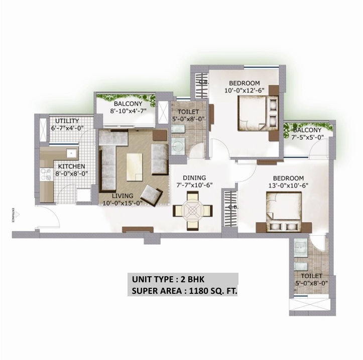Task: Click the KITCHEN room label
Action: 71,166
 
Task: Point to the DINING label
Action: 193,177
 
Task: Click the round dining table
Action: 193,210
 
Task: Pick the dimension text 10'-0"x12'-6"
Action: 244,91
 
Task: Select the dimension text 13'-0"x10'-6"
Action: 288,186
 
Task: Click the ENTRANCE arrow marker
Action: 15,214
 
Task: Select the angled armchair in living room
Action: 151,193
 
